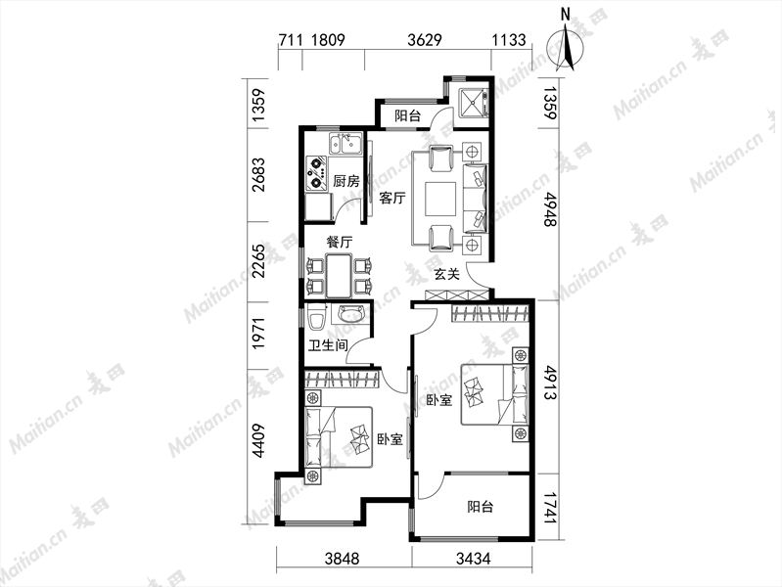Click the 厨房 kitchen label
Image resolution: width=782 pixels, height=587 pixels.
[x=346, y=181]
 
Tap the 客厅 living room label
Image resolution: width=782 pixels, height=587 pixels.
[x=392, y=198]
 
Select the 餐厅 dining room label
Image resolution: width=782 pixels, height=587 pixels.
[x=340, y=243]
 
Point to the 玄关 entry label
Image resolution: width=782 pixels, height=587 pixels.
[x=446, y=274]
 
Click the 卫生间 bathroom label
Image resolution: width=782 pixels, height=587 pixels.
[x=328, y=345]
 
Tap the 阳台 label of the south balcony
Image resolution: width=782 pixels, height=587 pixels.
[x=481, y=507]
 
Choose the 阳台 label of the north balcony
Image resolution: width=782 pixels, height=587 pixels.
[x=407, y=116]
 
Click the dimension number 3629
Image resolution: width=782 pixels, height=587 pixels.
[x=425, y=39]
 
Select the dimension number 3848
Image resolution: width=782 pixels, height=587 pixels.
[x=342, y=559]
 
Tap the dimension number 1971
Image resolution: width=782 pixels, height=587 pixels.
[x=258, y=334]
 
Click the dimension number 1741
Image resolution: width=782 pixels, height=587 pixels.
[x=550, y=507]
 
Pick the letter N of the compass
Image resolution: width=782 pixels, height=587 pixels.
[x=566, y=15]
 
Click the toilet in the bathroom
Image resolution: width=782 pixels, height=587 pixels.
[x=316, y=319]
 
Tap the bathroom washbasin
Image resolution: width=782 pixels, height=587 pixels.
[x=352, y=314]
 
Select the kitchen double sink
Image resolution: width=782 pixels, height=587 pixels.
[x=345, y=145]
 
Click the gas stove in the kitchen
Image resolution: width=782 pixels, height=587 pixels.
[x=316, y=173]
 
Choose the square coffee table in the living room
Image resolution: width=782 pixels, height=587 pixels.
[x=440, y=199]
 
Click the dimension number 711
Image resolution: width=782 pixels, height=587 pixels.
[x=291, y=39]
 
